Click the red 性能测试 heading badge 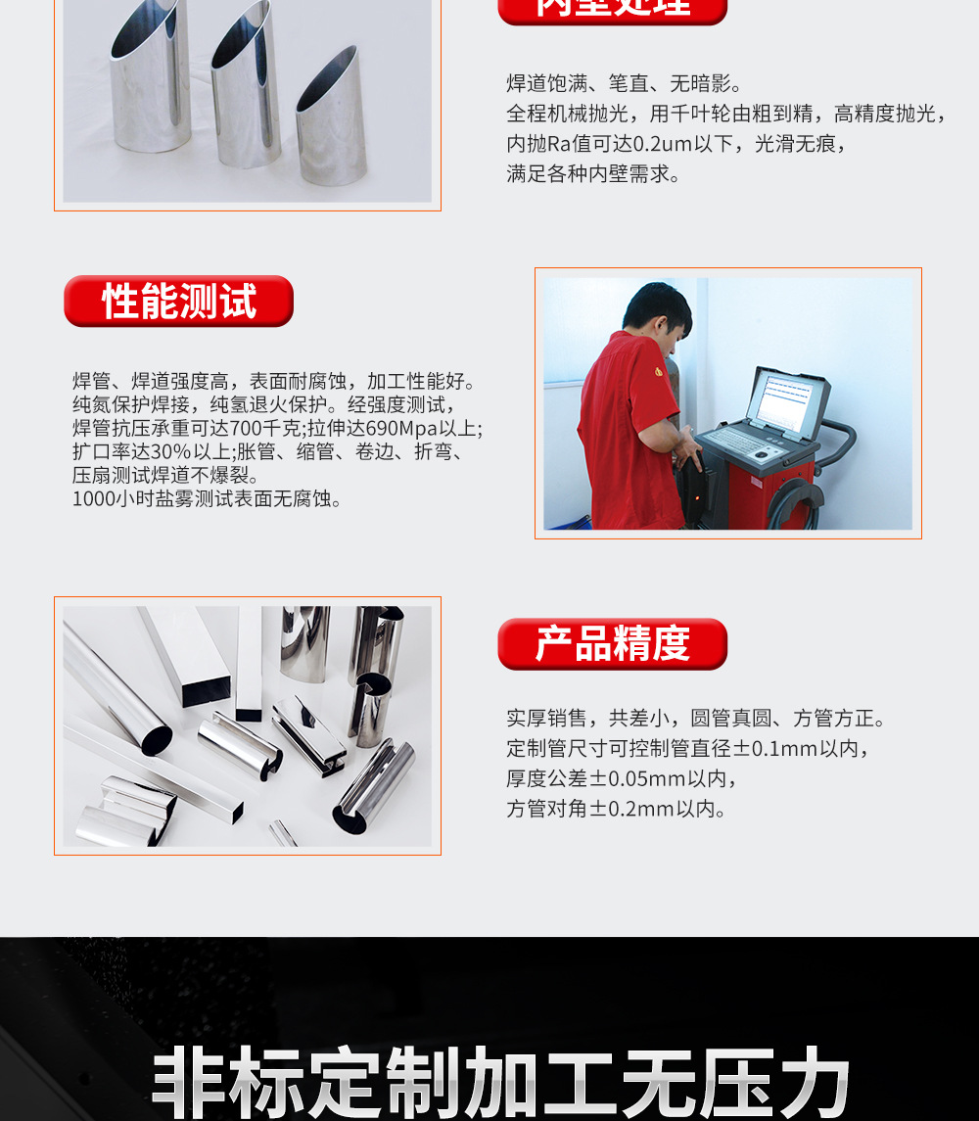[x=178, y=302]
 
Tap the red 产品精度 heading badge [x=612, y=644]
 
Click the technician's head [x=658, y=318]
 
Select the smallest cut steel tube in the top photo [x=331, y=117]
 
